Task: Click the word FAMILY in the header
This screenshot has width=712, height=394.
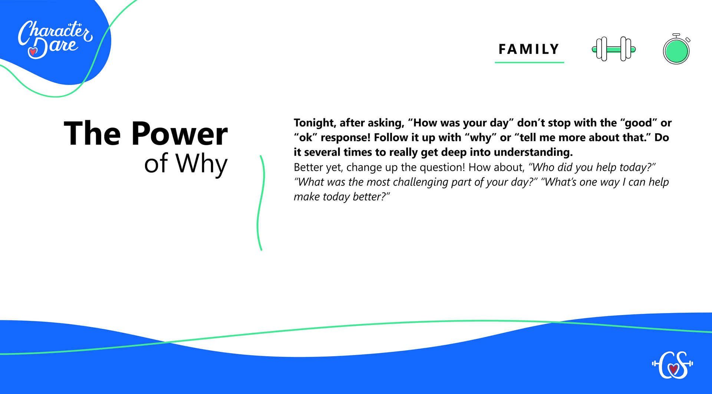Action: point(529,49)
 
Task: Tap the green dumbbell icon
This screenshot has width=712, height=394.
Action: point(614,49)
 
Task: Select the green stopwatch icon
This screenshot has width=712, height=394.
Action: point(676,49)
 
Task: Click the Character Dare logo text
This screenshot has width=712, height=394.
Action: point(55,39)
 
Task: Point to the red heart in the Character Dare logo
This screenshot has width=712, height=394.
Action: point(33,52)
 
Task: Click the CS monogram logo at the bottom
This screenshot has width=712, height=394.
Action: point(673,365)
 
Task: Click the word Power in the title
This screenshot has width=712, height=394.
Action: point(179,134)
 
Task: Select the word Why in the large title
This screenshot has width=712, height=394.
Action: point(201,164)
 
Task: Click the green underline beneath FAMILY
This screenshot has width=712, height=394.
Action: point(529,62)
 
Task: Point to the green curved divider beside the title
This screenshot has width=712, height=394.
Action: point(260,203)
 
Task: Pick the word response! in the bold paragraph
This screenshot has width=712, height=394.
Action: point(346,138)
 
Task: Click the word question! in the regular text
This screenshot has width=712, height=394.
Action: point(442,167)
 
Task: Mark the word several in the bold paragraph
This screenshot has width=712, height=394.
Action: point(322,152)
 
